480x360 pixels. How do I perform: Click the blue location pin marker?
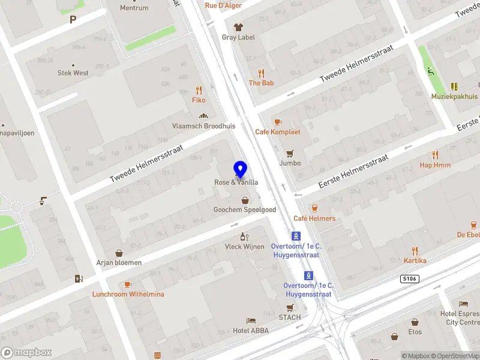(241, 170)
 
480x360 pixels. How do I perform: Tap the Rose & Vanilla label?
(236, 182)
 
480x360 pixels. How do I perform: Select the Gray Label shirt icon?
(238, 27)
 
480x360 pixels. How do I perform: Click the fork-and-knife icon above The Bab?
(261, 73)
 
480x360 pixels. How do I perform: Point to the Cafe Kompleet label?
(277, 132)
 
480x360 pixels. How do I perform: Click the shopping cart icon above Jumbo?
(290, 152)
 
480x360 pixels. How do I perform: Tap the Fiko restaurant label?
(199, 100)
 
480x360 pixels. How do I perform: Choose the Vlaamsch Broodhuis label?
(203, 126)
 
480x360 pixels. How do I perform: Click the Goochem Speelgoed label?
(245, 209)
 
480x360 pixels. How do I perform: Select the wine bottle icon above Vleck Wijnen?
(244, 236)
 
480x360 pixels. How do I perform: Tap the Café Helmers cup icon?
(314, 208)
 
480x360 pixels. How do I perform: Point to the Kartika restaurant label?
(415, 260)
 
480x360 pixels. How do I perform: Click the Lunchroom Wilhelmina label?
(128, 295)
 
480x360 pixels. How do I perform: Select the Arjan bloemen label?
(119, 262)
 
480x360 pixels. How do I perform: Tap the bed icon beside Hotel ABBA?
(251, 321)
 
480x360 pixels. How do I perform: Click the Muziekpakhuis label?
(454, 96)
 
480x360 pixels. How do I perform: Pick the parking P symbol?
(73, 20)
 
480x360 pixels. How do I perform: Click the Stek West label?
(73, 73)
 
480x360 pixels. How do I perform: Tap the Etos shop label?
(415, 332)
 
